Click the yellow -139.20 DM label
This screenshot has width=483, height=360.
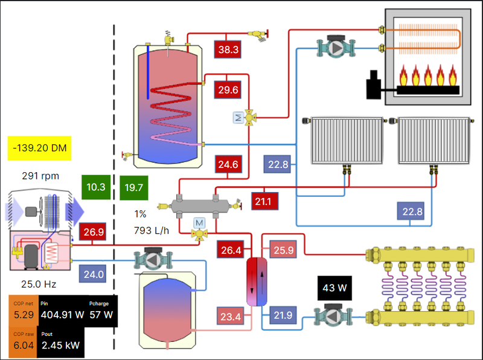click(x=40, y=147)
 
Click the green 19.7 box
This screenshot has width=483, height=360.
click(x=134, y=187)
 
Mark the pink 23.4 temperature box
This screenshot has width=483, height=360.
click(x=229, y=315)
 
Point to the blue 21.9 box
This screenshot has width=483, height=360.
click(x=283, y=315)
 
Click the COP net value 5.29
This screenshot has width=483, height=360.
click(x=23, y=314)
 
